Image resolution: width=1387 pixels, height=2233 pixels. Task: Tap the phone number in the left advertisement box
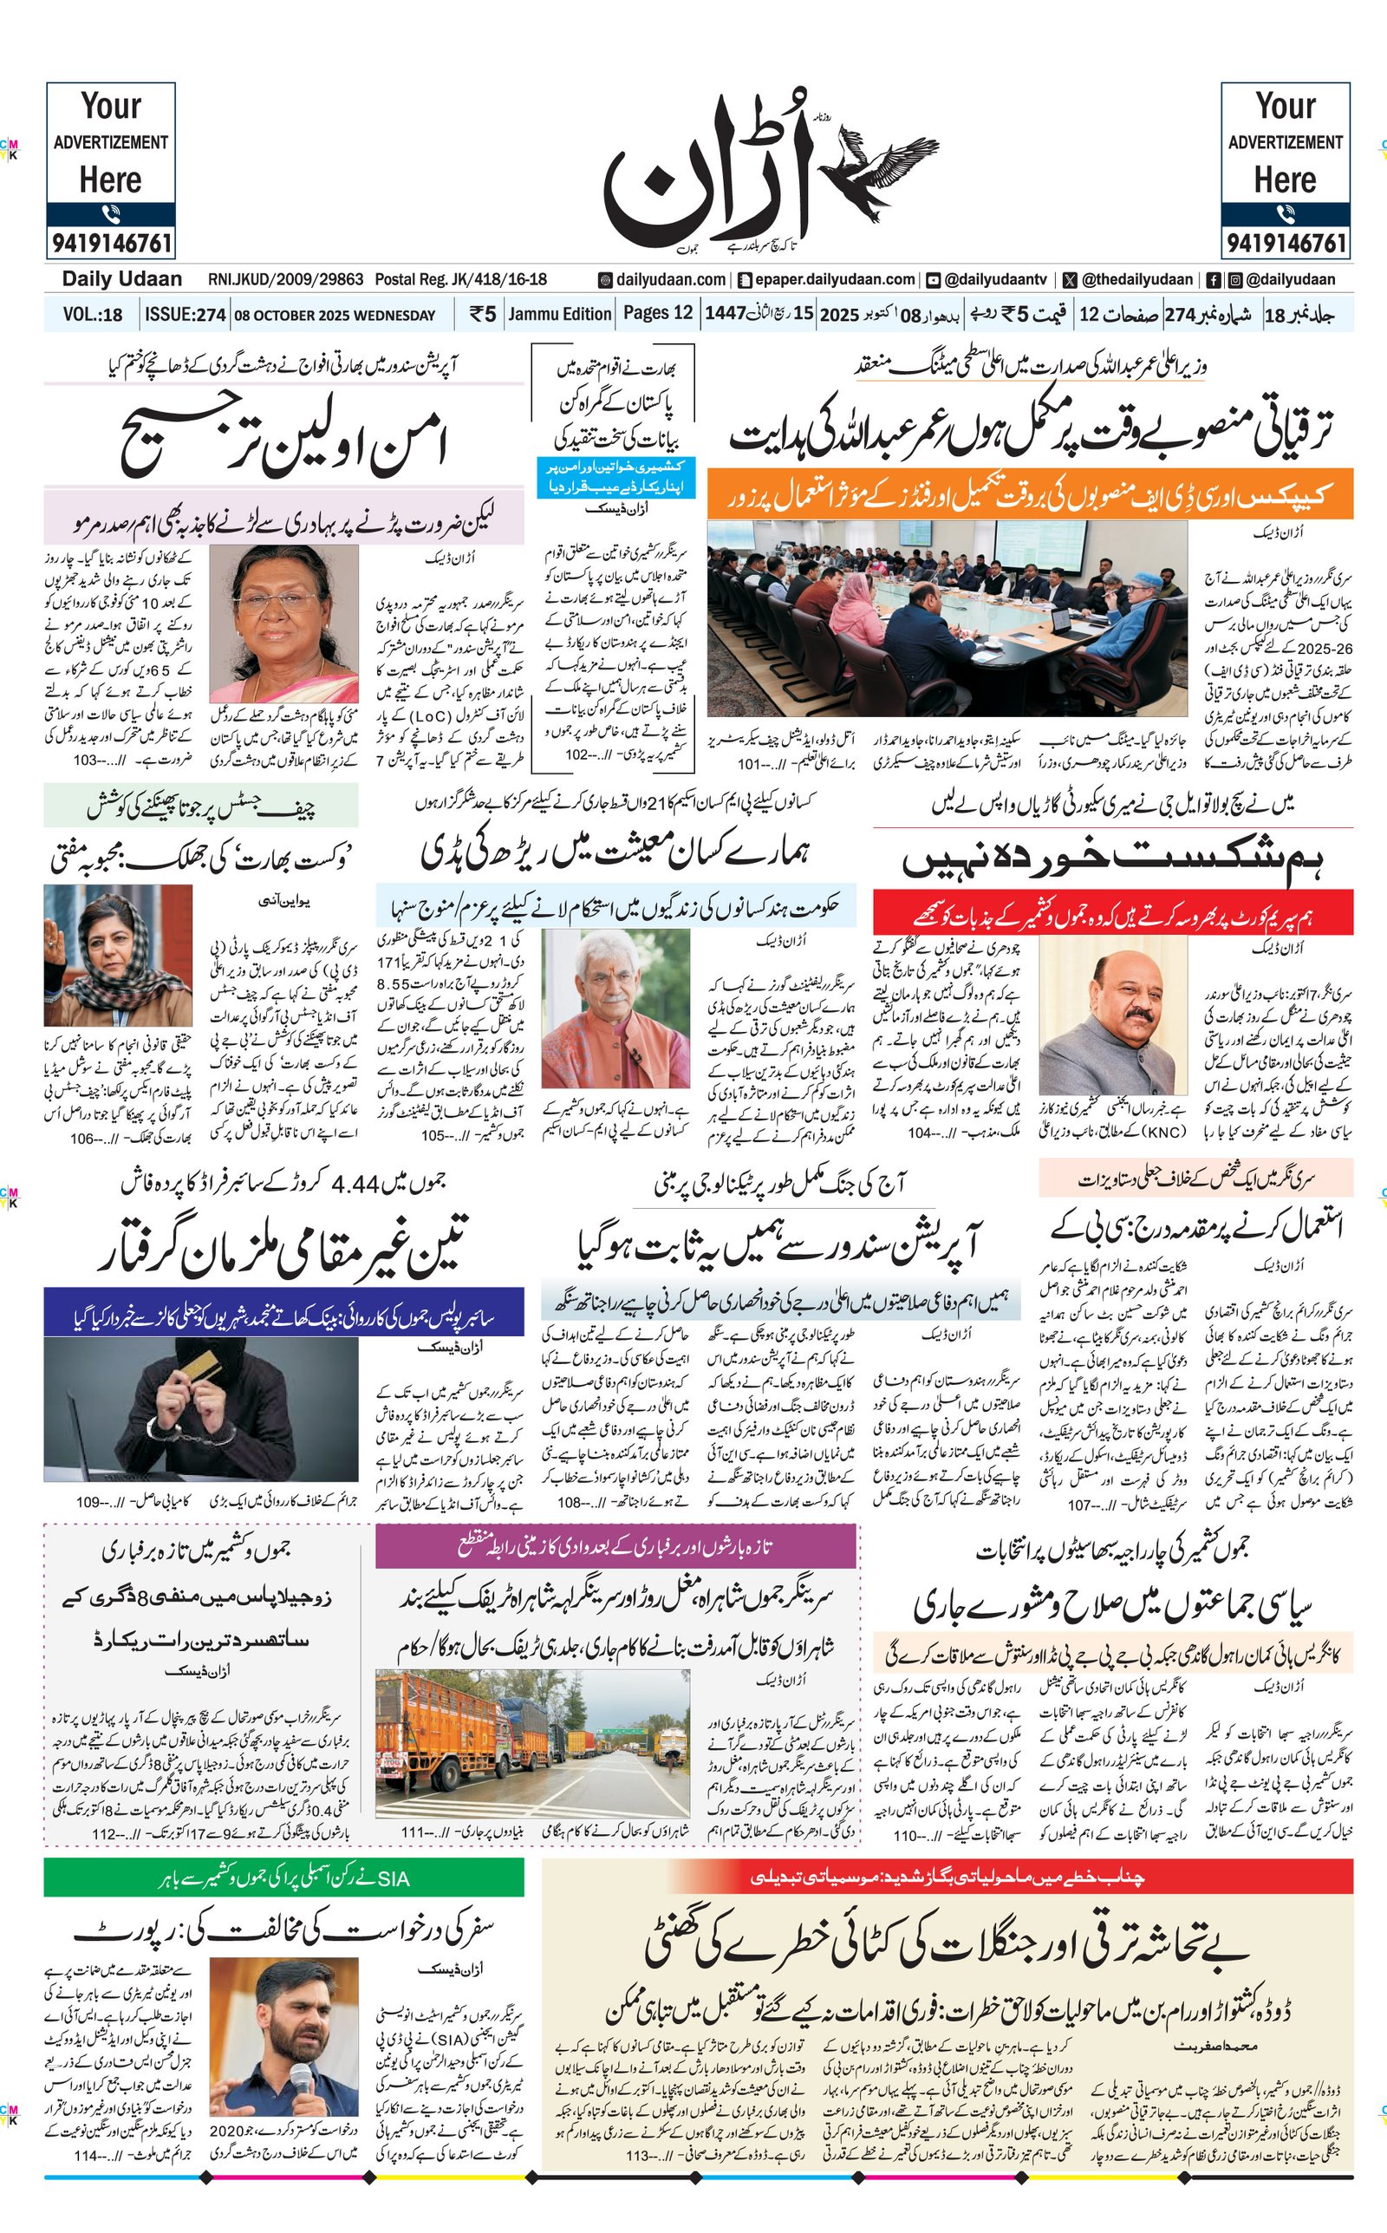tap(111, 243)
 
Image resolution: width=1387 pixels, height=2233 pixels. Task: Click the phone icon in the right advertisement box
tap(1286, 213)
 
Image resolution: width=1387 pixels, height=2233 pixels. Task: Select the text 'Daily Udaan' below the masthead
tap(122, 279)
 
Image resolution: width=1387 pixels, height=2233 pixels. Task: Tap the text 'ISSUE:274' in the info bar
tap(186, 315)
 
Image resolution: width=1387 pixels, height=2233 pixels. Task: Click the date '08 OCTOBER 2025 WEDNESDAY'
tap(335, 316)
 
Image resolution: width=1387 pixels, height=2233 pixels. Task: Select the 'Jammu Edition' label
tap(560, 314)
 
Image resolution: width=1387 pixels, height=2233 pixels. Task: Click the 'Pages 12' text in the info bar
tap(658, 313)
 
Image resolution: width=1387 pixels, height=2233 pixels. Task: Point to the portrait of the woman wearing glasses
tap(283, 624)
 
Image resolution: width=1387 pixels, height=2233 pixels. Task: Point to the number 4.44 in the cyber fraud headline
tap(355, 1184)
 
